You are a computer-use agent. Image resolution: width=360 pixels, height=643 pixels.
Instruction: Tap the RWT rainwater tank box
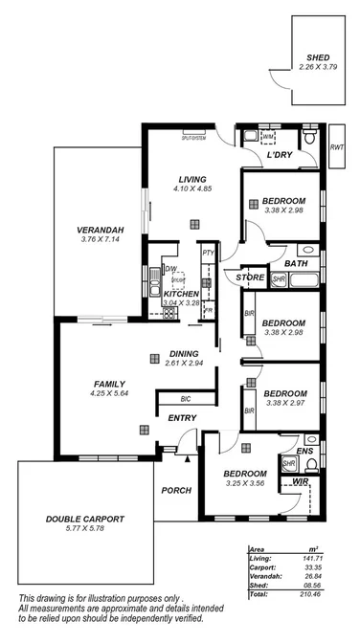tap(336, 147)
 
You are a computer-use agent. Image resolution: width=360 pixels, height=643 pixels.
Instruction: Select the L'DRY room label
tap(279, 155)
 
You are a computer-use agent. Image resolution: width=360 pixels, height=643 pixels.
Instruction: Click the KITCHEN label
tap(182, 294)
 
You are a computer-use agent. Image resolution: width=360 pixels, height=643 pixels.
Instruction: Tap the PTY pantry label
tap(208, 253)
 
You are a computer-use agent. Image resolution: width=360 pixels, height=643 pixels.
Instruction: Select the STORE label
tap(251, 277)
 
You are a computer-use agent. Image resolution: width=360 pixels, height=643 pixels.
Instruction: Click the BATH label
tap(295, 263)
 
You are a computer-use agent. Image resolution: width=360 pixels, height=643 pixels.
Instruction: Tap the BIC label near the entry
tap(189, 399)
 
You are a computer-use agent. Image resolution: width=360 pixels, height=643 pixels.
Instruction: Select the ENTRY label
tap(183, 417)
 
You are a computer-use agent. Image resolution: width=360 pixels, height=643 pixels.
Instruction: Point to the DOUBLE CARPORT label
tap(85, 520)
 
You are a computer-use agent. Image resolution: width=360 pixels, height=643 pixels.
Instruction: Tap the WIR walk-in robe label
tap(300, 483)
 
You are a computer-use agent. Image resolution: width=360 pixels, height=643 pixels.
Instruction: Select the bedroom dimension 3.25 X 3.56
tap(245, 483)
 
